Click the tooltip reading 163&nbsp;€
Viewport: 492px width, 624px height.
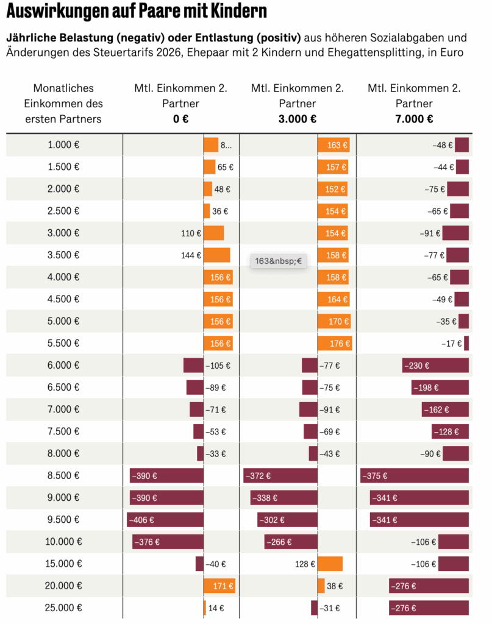278,261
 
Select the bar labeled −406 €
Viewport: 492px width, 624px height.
165,520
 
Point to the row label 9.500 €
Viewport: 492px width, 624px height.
63,520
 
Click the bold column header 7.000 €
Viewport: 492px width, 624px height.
414,119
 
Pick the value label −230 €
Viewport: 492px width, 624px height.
418,366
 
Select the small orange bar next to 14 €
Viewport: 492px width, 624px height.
205,608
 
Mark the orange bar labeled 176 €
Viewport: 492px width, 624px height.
334,344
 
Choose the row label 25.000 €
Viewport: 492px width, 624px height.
63,608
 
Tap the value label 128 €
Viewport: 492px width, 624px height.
305,564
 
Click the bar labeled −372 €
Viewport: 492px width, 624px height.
280,476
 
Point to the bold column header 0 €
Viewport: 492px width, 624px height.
180,119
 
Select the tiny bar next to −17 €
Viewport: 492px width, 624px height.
466,344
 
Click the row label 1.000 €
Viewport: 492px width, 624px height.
63,145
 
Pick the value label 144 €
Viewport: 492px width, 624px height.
191,255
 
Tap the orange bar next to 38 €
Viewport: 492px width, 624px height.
321,586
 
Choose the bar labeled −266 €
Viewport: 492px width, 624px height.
291,542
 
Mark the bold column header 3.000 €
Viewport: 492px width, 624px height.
297,119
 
